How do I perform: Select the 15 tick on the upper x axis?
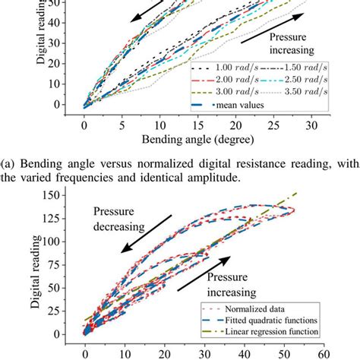coord(197,123)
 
